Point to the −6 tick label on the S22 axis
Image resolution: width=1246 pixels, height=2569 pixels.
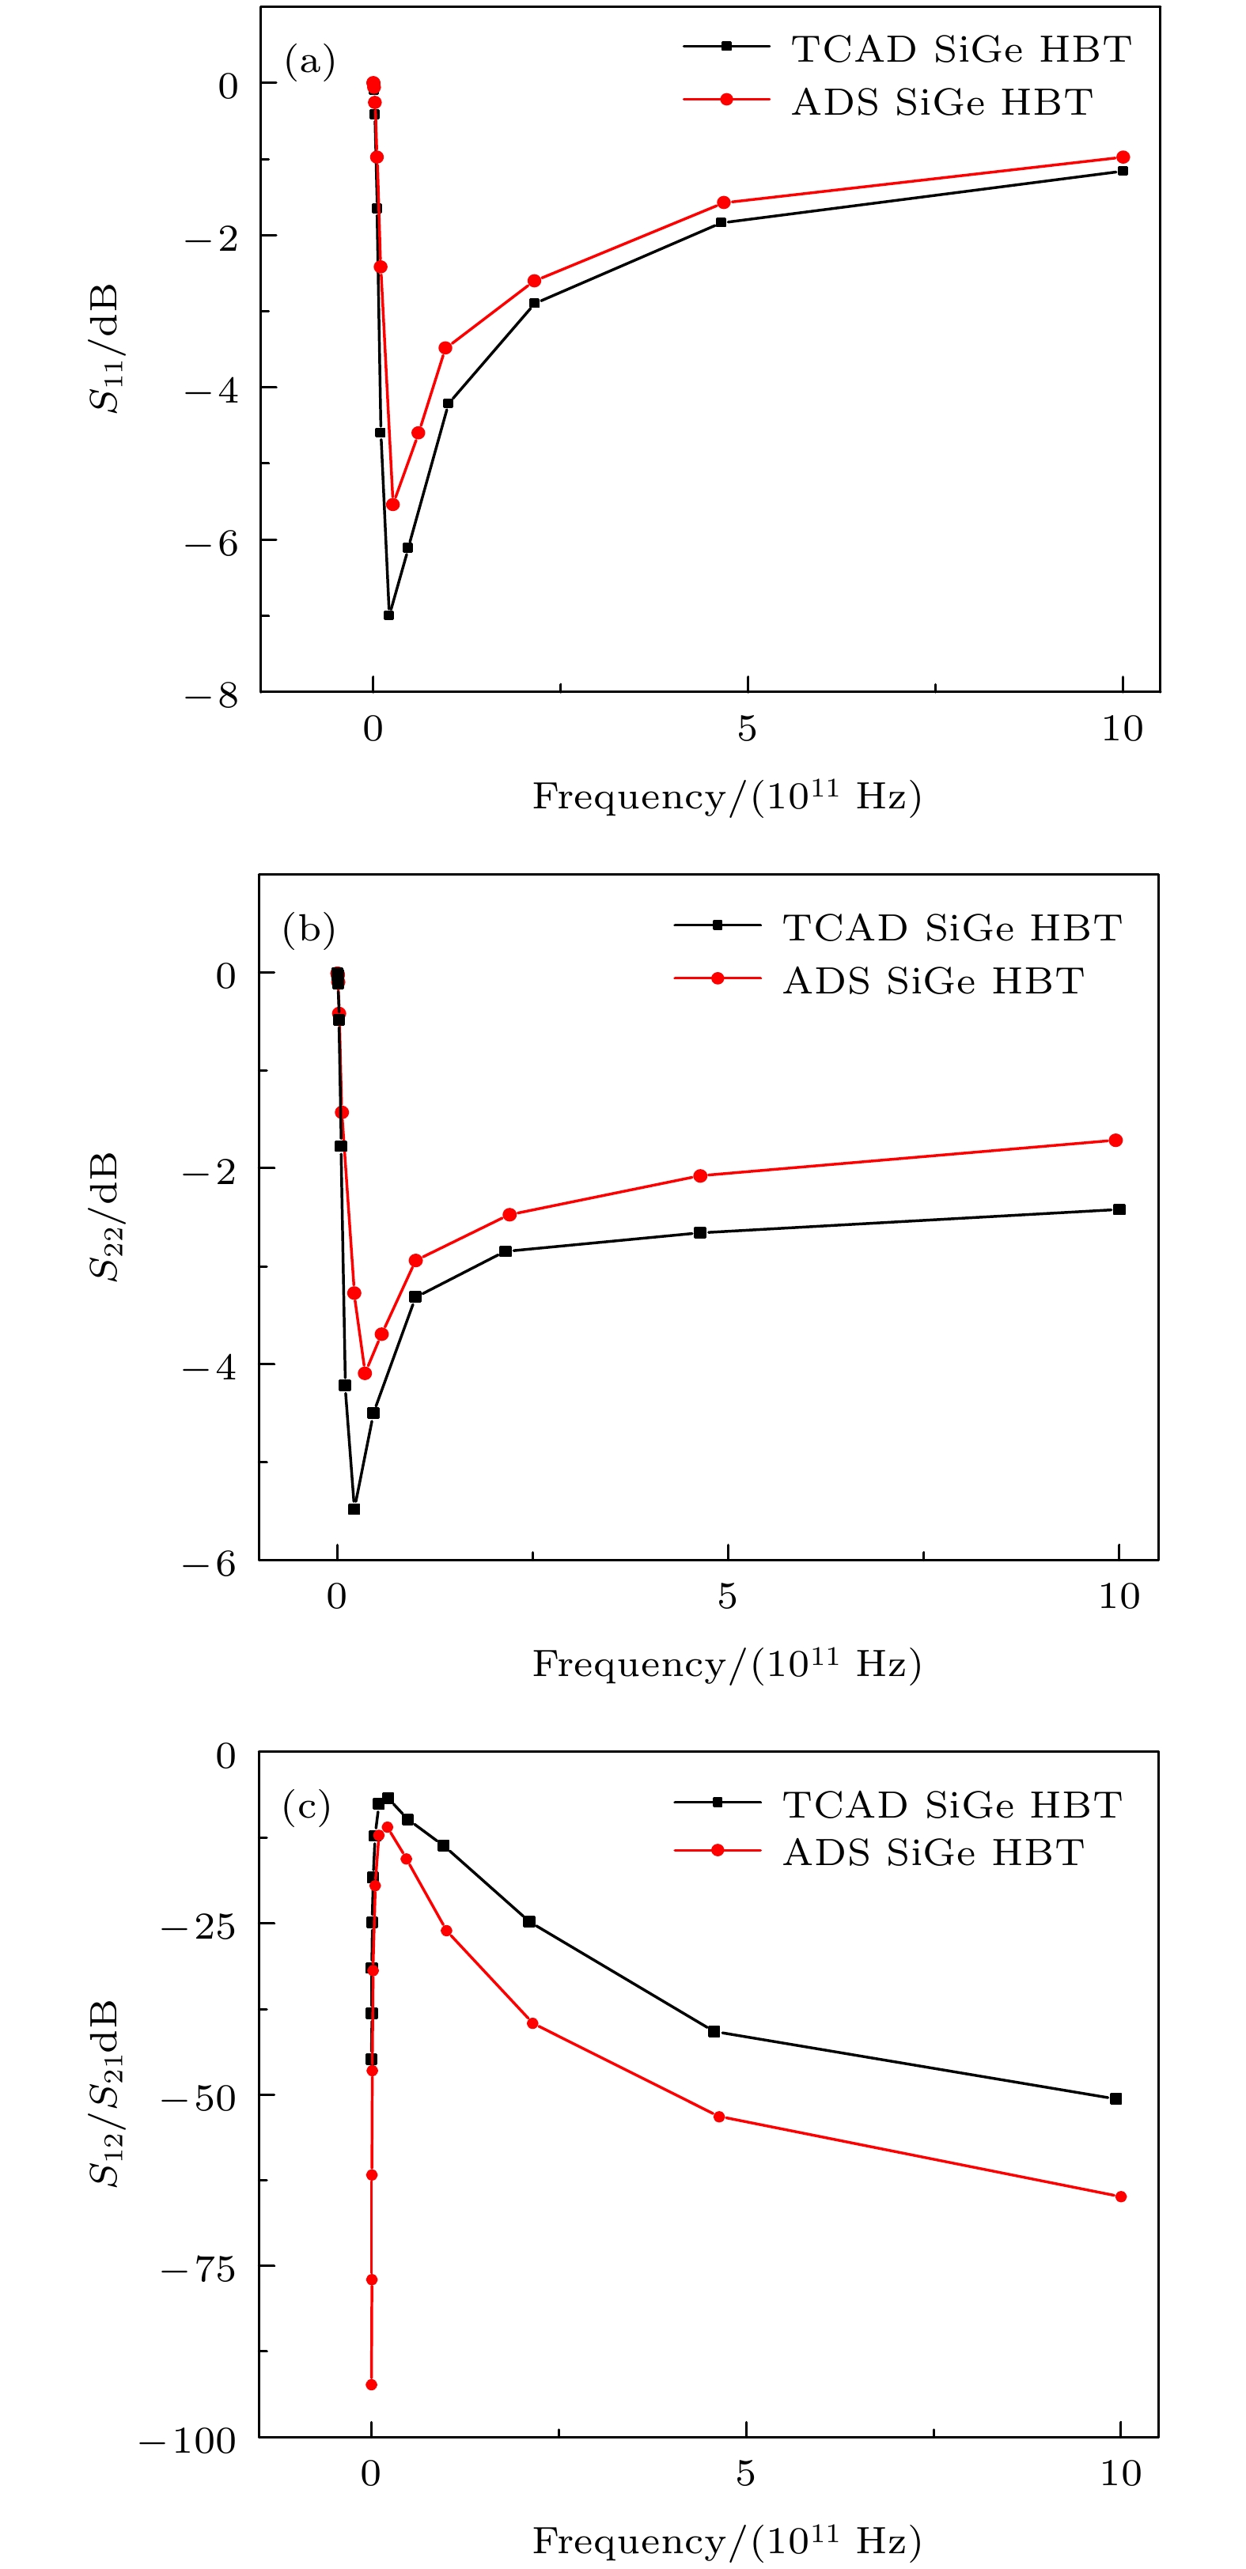point(210,1564)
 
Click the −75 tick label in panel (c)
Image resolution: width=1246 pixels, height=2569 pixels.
point(199,2270)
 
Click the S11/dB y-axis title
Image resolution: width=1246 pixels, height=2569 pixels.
point(104,348)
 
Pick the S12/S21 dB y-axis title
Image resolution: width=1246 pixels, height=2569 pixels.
point(104,2094)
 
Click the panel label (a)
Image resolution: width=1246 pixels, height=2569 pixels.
point(310,62)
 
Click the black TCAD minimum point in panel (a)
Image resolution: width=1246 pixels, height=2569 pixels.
point(389,615)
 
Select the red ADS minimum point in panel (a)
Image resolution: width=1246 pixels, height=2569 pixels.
point(393,505)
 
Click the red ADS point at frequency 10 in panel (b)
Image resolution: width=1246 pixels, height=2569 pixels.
point(1115,1140)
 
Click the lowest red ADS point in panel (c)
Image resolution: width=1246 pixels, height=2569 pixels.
point(371,2385)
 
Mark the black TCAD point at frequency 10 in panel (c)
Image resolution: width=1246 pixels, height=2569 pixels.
point(1115,2098)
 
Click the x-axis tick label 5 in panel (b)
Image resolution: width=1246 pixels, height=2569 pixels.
point(726,1597)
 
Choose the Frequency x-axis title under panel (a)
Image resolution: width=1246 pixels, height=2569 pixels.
point(725,796)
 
